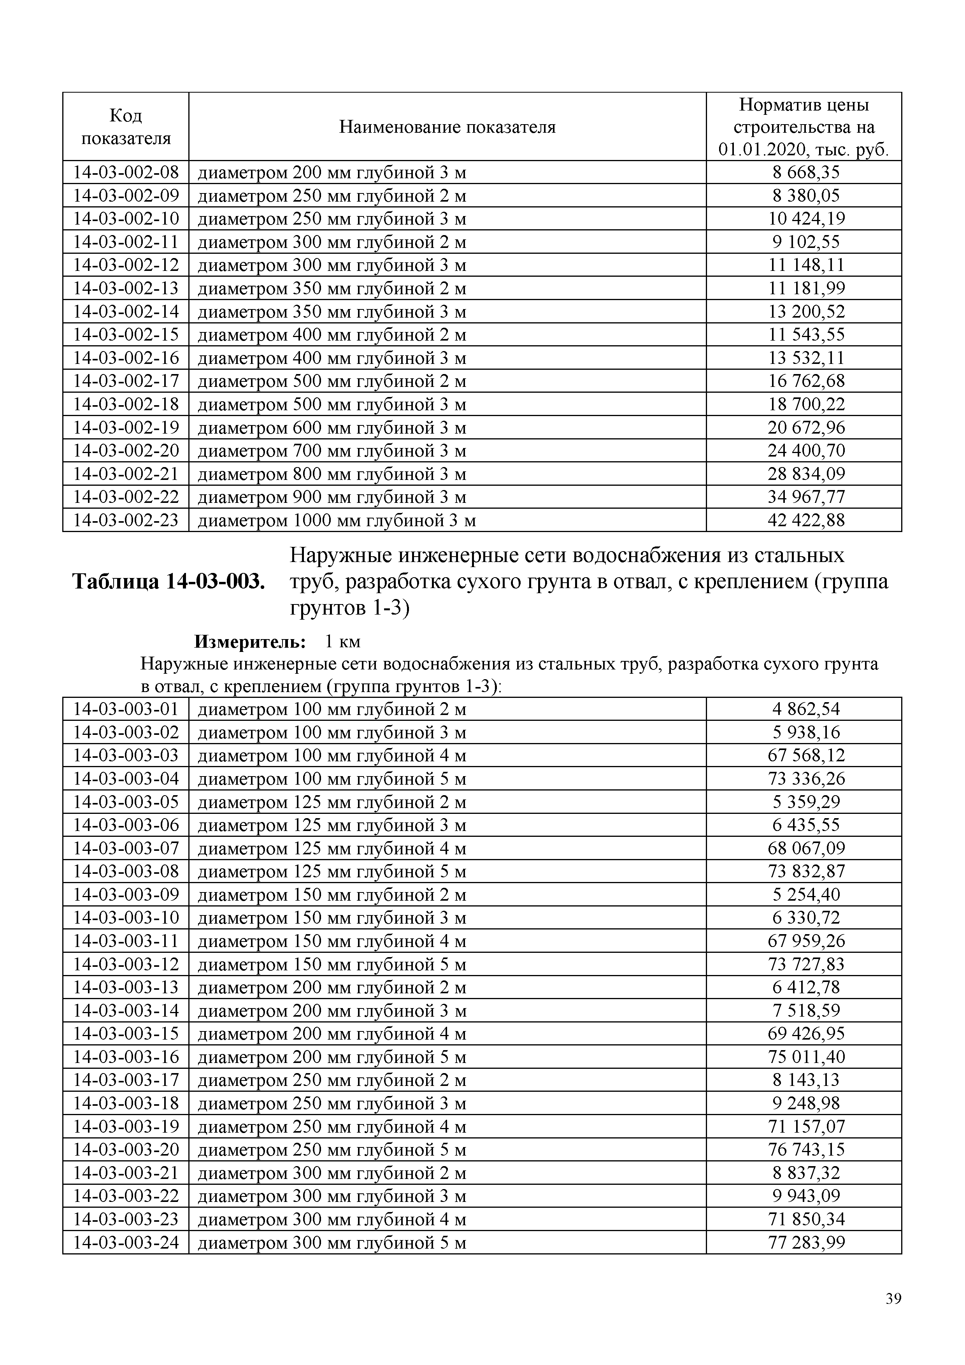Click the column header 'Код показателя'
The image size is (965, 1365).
click(x=126, y=126)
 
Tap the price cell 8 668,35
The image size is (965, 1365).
click(x=806, y=172)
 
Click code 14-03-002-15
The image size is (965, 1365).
click(x=126, y=335)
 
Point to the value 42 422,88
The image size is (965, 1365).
click(x=806, y=520)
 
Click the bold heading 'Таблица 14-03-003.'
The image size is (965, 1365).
click(x=168, y=581)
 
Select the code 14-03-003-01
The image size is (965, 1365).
click(x=126, y=709)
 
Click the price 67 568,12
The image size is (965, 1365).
click(x=806, y=755)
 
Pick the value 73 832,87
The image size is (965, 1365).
click(x=806, y=871)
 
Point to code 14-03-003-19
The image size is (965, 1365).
click(x=126, y=1126)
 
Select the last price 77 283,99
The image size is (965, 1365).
click(x=806, y=1242)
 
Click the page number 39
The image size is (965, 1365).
click(x=893, y=1299)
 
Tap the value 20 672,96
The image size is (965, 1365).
click(x=806, y=427)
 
